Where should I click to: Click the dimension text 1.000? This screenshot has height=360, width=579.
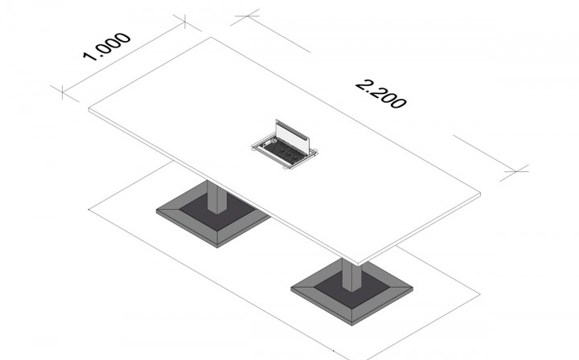(107, 47)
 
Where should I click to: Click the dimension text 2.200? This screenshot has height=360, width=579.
(380, 95)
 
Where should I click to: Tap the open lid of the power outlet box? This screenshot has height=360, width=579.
(293, 137)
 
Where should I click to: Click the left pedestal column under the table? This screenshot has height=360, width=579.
(217, 198)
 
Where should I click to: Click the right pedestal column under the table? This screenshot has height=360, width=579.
(351, 275)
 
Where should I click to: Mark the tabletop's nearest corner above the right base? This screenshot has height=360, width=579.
(358, 265)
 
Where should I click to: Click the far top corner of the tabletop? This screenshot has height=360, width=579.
(211, 37)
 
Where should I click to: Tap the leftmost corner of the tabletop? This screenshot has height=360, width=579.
(89, 108)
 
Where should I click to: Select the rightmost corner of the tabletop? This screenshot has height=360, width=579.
(480, 193)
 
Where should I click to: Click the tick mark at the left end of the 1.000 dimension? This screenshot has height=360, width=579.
(63, 92)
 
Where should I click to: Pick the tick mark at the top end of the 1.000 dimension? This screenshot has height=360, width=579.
(185, 21)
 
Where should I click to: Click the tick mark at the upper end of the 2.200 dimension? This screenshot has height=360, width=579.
(248, 16)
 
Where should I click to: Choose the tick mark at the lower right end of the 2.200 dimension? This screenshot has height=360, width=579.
(516, 171)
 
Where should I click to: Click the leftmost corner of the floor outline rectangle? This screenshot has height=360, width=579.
(89, 210)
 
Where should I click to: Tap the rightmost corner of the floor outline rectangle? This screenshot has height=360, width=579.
(480, 294)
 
